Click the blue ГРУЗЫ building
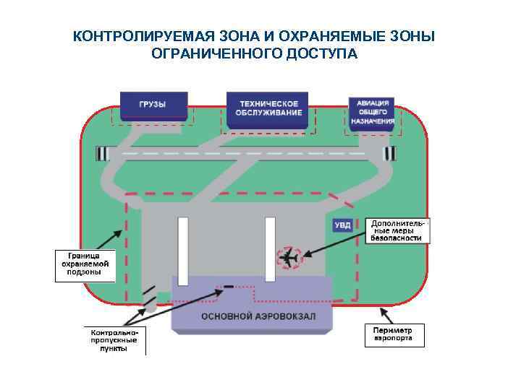[153, 105]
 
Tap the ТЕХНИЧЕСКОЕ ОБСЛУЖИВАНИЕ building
[268, 108]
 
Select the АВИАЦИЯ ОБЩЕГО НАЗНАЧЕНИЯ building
[373, 113]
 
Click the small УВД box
[342, 225]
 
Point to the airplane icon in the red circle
[291, 257]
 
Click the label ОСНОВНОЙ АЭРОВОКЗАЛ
[248, 316]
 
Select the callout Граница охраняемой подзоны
[85, 265]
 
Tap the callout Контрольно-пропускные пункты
[113, 339]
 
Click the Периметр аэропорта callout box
[393, 333]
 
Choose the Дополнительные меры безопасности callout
[397, 230]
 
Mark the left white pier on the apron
[183, 249]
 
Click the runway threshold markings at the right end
[390, 154]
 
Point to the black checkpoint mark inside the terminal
[229, 287]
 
